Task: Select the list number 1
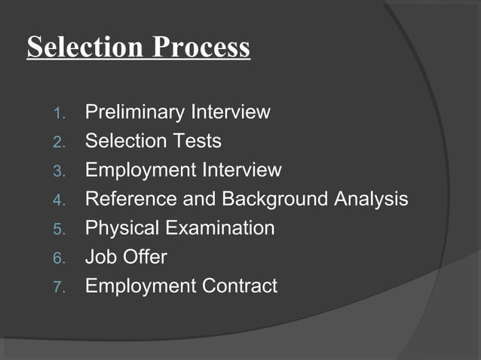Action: click(x=60, y=114)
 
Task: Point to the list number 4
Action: click(x=60, y=200)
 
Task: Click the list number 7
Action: click(x=60, y=287)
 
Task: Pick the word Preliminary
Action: click(x=135, y=113)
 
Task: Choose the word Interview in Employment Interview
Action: click(x=241, y=170)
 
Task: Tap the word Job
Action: click(x=100, y=257)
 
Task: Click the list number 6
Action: click(x=60, y=258)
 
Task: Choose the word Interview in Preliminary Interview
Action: click(x=230, y=113)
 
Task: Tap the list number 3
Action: click(x=60, y=171)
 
